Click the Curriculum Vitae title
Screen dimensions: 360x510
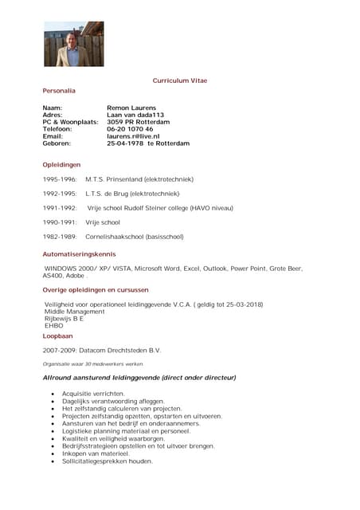click(x=180, y=80)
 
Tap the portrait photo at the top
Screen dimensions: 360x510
click(x=73, y=44)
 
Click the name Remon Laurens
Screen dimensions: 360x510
click(x=131, y=108)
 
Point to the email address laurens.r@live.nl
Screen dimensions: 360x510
click(x=133, y=136)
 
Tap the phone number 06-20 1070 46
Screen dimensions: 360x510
click(x=130, y=129)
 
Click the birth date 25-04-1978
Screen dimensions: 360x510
click(x=126, y=143)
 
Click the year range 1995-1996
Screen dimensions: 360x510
click(x=60, y=179)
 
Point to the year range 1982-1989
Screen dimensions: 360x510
click(x=60, y=237)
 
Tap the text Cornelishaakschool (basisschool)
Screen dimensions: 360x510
click(x=134, y=237)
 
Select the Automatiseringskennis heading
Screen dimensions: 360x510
click(x=79, y=253)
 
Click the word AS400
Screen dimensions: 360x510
click(x=53, y=275)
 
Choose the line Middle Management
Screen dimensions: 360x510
click(x=74, y=312)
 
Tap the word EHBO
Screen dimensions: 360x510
click(x=53, y=326)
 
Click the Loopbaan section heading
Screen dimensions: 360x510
click(x=58, y=335)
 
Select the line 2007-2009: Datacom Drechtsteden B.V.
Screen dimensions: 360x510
click(x=102, y=350)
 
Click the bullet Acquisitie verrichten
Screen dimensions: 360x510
click(x=93, y=394)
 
